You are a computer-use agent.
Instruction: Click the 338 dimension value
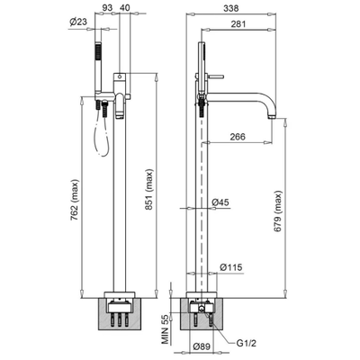click(x=231, y=8)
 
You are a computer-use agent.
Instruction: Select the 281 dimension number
click(x=238, y=23)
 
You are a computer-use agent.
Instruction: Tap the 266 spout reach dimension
click(x=238, y=137)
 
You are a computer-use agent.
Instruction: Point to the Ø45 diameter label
click(x=220, y=202)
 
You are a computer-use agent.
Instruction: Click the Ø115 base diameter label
click(x=231, y=267)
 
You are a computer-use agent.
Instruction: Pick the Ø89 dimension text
click(x=202, y=346)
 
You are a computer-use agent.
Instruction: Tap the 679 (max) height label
click(x=278, y=211)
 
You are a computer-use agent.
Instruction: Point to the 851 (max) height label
click(x=150, y=190)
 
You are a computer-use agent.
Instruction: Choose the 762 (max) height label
click(x=75, y=200)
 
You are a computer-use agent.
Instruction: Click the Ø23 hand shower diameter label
click(x=78, y=22)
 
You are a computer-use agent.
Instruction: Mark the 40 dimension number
click(x=125, y=8)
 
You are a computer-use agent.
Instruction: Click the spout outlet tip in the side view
click(x=273, y=116)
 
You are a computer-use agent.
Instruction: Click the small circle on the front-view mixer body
click(x=120, y=76)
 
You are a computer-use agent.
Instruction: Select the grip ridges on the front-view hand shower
click(x=97, y=51)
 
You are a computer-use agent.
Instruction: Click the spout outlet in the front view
click(x=120, y=114)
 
